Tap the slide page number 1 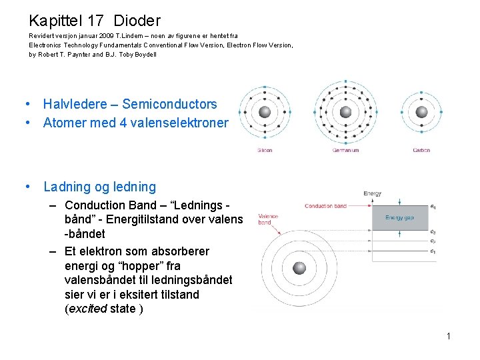449,336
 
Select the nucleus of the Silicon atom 265,112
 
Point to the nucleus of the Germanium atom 345,112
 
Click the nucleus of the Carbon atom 421,112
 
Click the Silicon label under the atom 265,151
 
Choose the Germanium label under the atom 345,151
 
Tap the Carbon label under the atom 421,151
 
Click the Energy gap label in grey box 400,218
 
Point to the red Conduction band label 325,206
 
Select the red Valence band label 269,219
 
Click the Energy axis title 373,193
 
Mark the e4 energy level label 434,207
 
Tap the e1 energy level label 434,251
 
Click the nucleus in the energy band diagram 300,267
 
